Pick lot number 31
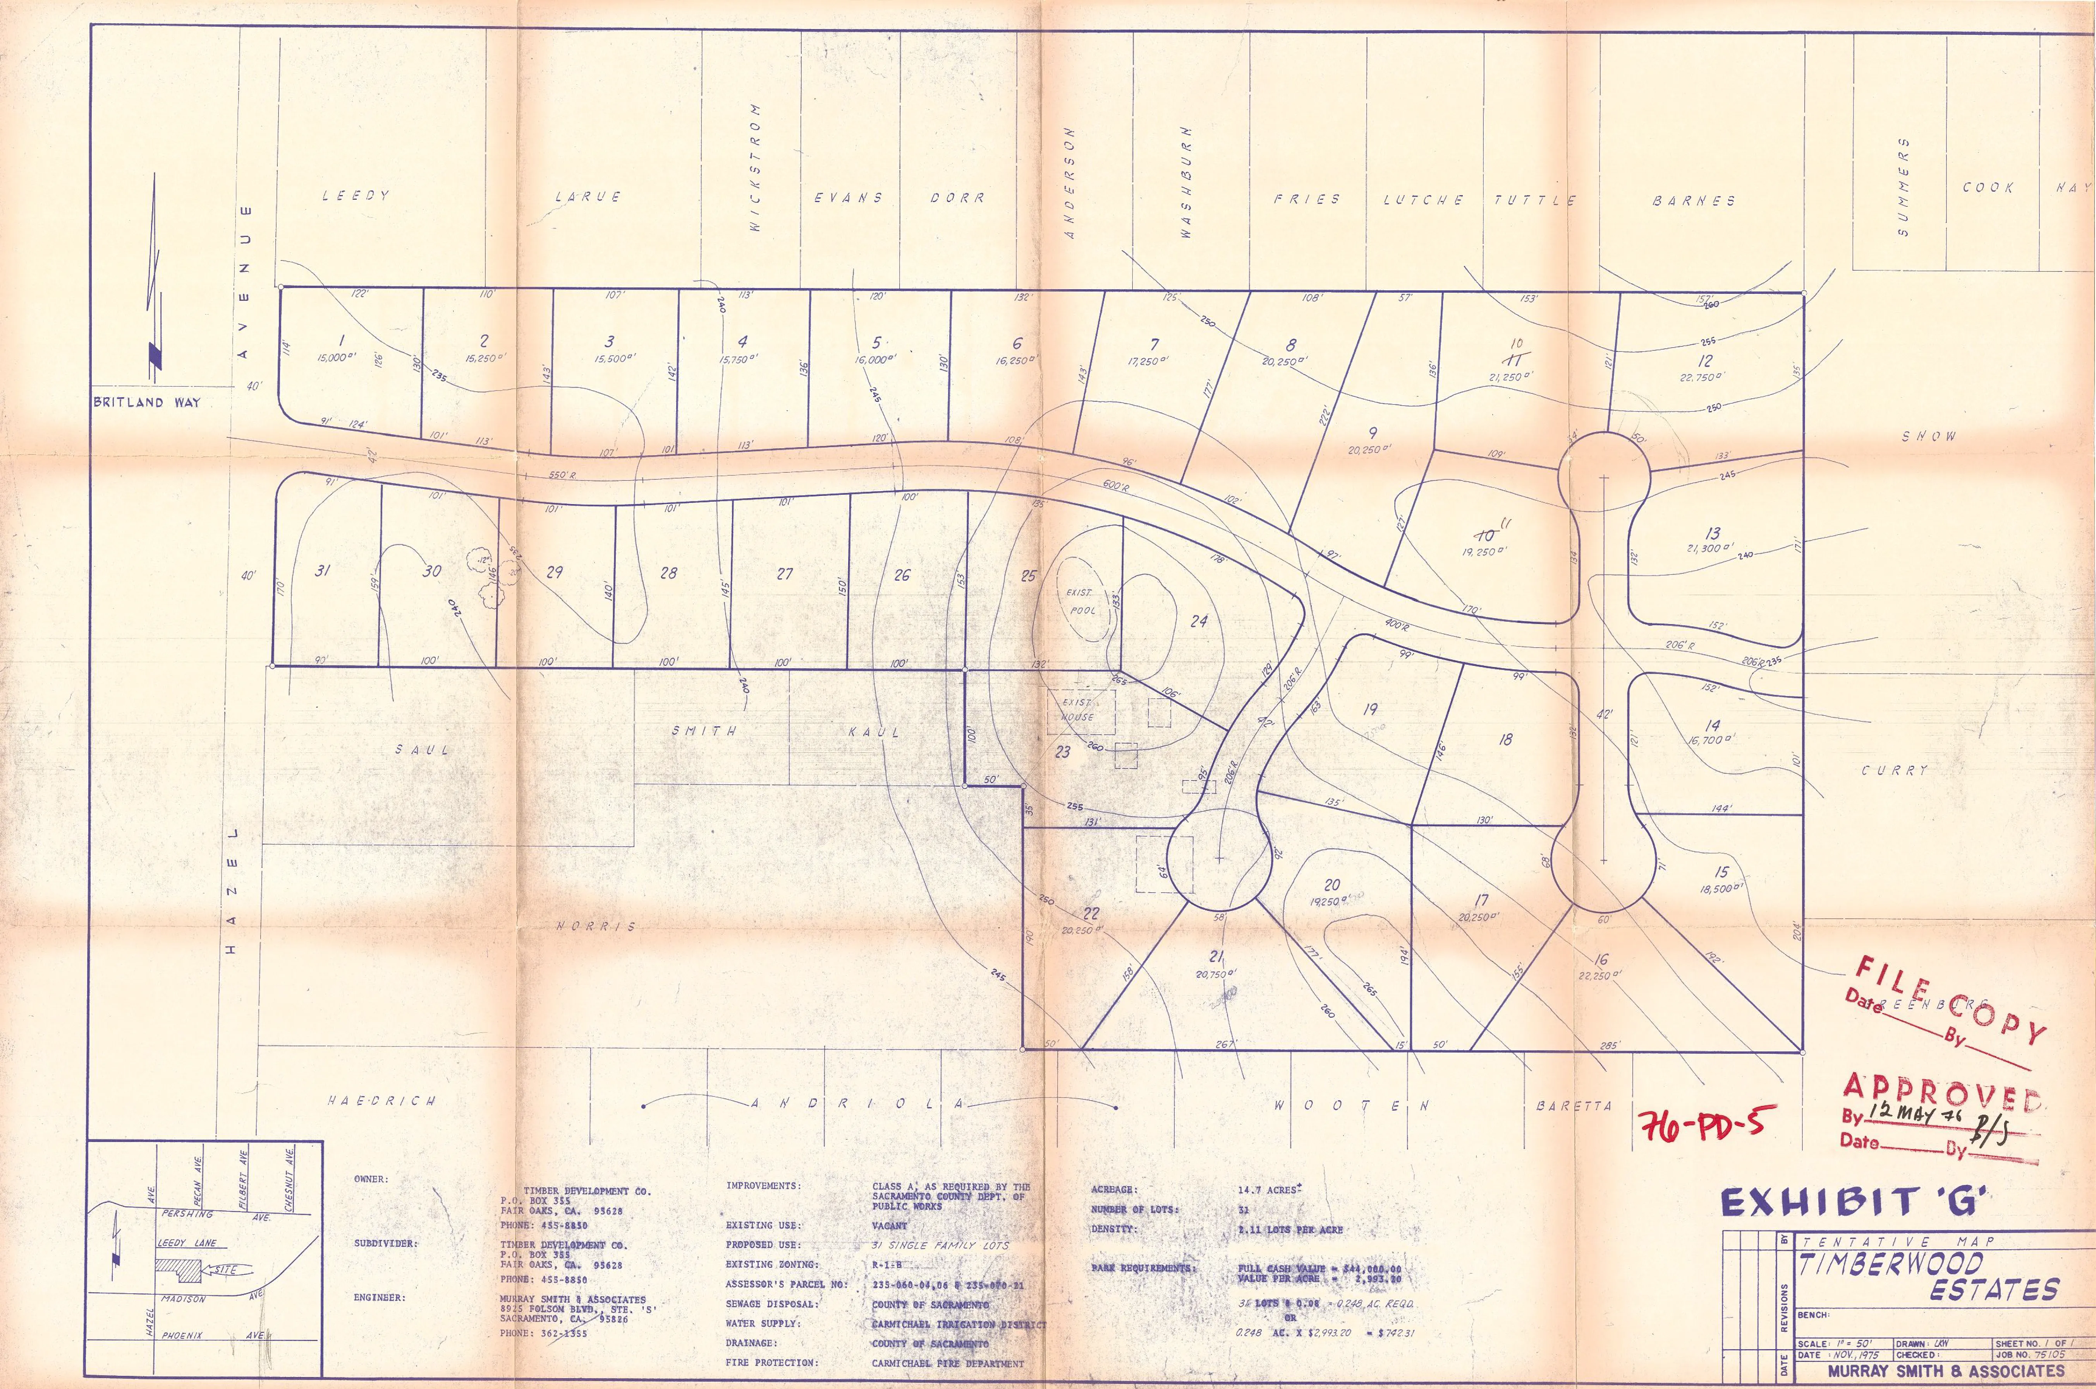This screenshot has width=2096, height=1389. pos(323,571)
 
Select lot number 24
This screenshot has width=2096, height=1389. pos(1198,621)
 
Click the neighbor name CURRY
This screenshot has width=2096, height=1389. pos(1894,771)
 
